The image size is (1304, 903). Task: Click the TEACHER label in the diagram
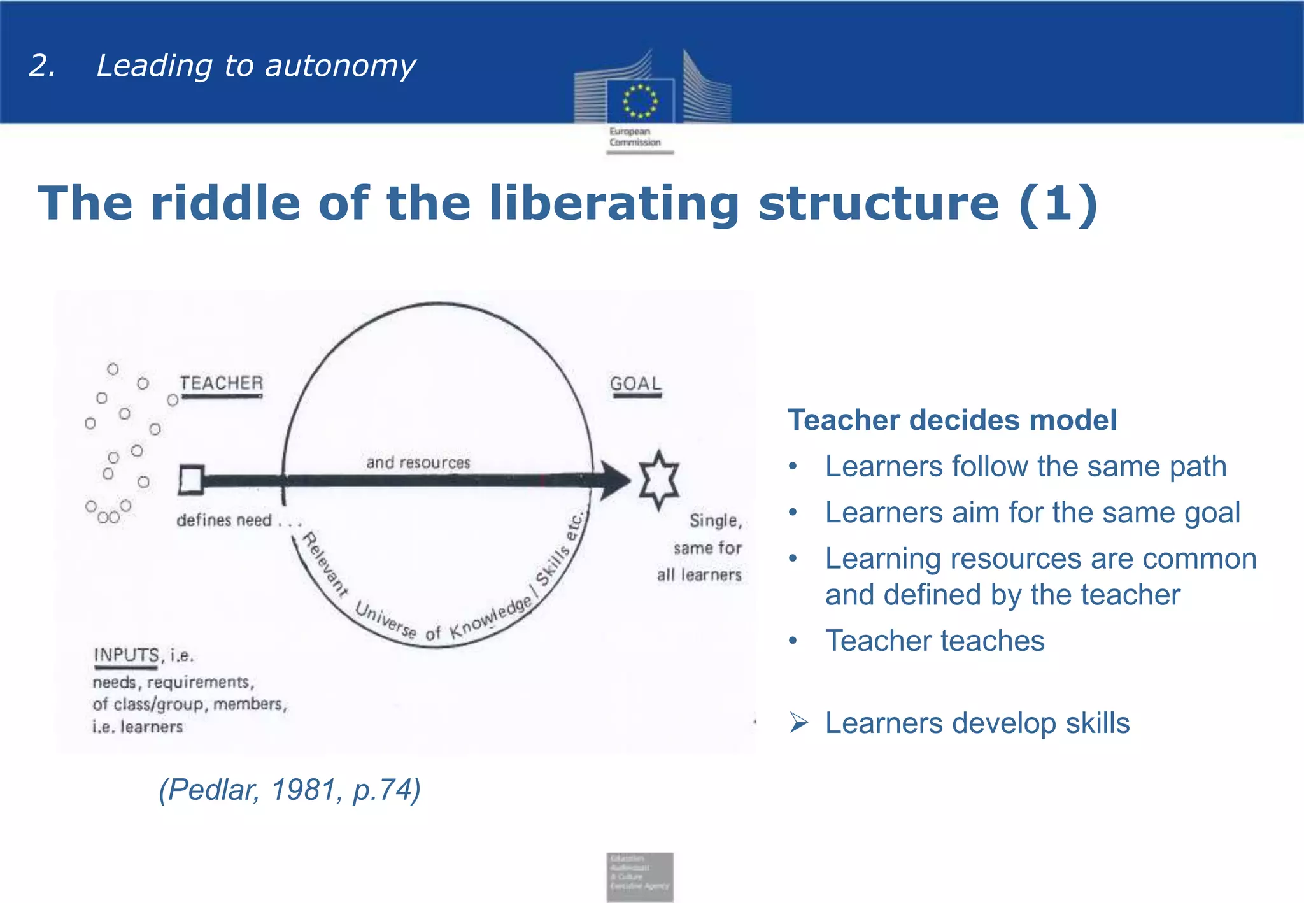[221, 383]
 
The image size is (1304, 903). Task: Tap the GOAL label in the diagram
[635, 384]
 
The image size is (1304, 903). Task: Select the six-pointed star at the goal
[659, 480]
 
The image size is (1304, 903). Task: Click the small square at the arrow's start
[191, 480]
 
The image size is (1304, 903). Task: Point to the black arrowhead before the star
[614, 480]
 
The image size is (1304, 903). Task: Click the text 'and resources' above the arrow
[418, 462]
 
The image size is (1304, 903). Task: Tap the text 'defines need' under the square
[224, 520]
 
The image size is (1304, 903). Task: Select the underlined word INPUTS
[126, 655]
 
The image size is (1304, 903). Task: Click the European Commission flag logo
[640, 101]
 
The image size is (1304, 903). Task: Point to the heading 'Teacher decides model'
[952, 420]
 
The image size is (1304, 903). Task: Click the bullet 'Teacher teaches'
[935, 641]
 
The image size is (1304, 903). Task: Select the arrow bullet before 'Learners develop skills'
[798, 723]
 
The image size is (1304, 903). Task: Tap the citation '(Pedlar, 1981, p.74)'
[290, 790]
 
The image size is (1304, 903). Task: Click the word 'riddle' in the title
[225, 204]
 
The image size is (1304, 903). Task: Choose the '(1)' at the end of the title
[1058, 204]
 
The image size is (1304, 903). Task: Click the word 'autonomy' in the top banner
[340, 66]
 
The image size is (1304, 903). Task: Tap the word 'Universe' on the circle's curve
[385, 620]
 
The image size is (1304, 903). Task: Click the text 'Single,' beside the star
[716, 521]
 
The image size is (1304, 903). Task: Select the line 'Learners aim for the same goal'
[1032, 513]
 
